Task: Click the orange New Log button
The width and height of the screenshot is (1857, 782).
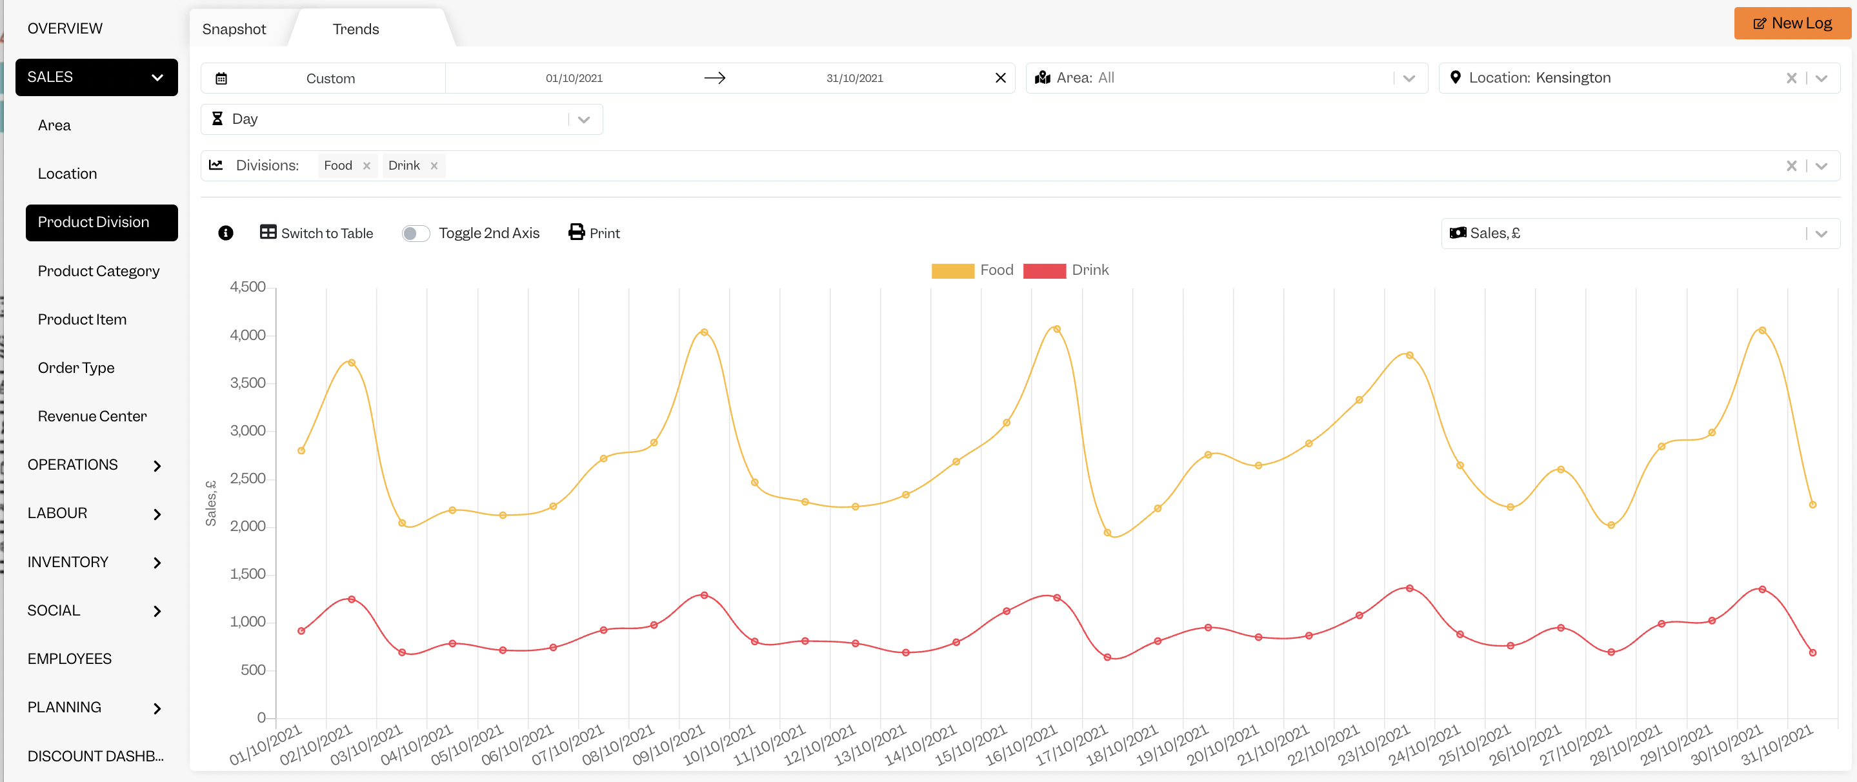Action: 1792,23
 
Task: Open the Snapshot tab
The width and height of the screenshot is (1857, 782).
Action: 234,29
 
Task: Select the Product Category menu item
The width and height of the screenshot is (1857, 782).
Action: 99,271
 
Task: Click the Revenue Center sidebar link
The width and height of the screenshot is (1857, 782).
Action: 92,416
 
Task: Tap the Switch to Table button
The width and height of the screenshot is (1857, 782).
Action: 316,233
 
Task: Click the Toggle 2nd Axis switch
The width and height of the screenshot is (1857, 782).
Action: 416,234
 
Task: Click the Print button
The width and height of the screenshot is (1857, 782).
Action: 594,233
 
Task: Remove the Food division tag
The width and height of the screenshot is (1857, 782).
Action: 367,166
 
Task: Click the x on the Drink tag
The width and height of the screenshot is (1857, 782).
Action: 434,166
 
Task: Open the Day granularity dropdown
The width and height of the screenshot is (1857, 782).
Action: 401,119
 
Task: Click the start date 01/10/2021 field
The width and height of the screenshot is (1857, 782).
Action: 574,78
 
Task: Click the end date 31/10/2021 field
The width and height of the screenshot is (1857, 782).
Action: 854,78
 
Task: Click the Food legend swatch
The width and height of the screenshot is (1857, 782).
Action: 952,270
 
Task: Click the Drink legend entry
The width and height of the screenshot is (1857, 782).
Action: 1065,270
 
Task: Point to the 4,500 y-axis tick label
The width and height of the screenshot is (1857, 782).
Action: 248,287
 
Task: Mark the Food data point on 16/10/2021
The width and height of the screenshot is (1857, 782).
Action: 1057,328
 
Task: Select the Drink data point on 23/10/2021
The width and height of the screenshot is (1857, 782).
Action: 1409,588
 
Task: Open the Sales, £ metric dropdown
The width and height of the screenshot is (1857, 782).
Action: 1640,234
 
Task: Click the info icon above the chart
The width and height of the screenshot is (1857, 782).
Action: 226,233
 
